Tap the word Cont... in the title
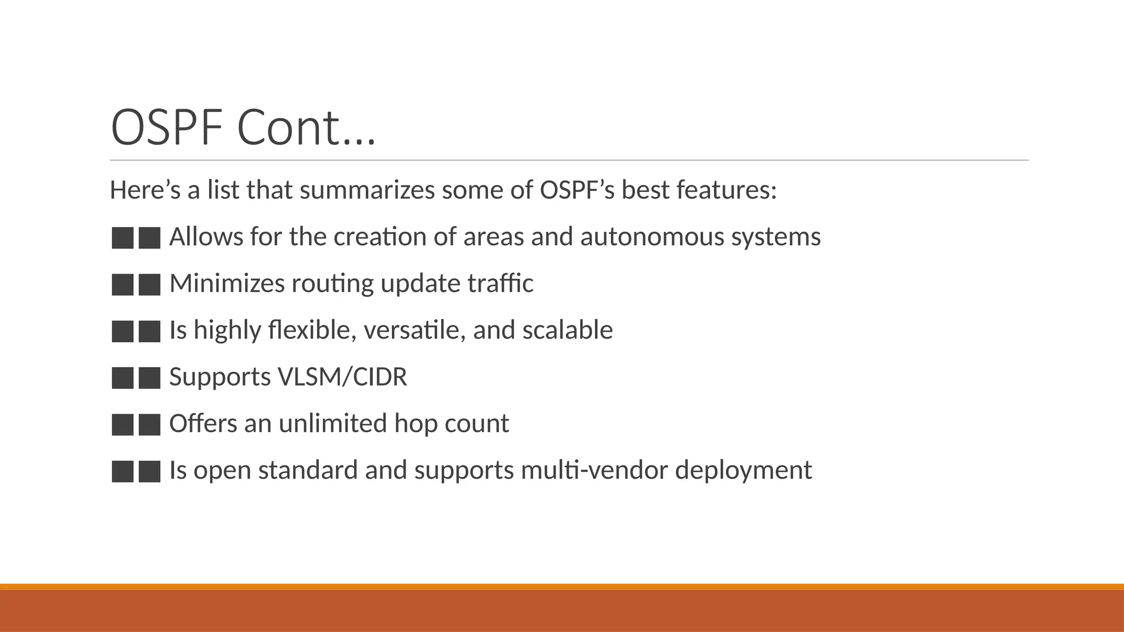coord(306,127)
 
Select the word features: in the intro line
coord(726,190)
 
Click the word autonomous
coord(652,237)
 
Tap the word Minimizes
coord(227,284)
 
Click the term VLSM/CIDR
coord(342,377)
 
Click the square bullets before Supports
coord(136,378)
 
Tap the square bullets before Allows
coord(136,238)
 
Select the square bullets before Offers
coord(136,425)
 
